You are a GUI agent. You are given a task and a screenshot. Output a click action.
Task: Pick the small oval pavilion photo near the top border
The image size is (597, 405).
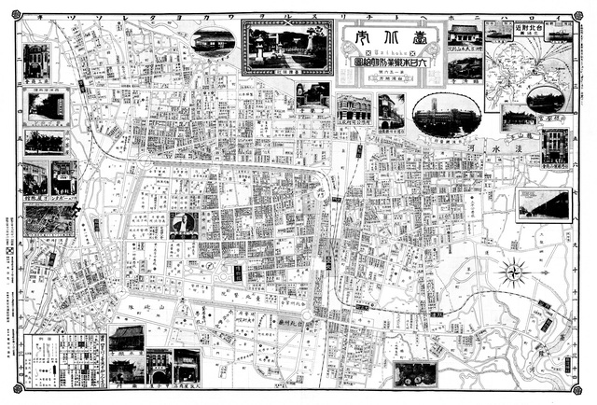[214, 40]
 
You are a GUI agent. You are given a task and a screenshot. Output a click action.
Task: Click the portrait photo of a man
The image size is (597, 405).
[184, 225]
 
